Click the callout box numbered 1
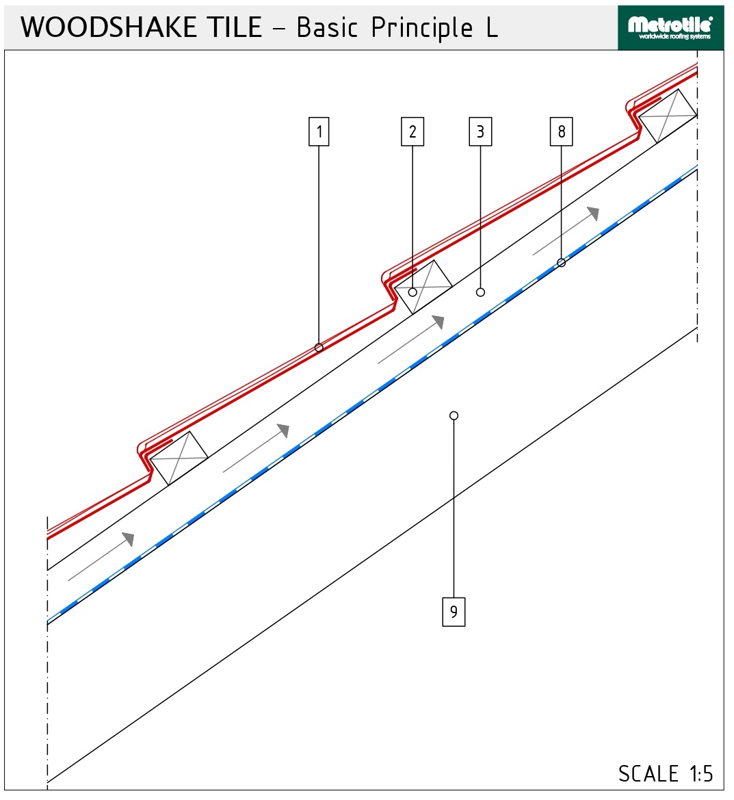click(319, 131)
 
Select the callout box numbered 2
click(412, 131)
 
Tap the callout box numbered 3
click(480, 131)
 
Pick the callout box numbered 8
click(561, 131)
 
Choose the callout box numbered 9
click(454, 611)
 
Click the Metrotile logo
click(670, 28)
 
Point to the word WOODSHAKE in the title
click(108, 27)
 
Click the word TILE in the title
click(236, 27)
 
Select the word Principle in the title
click(422, 28)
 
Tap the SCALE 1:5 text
click(666, 773)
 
